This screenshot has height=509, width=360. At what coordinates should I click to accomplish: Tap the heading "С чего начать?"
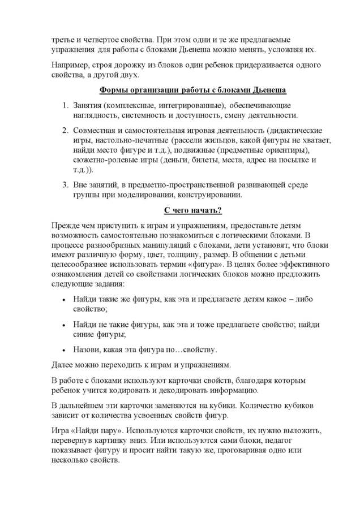[x=192, y=210]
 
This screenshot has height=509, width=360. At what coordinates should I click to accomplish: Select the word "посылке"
[x=293, y=160]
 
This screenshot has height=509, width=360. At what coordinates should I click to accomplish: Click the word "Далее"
[x=63, y=365]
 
